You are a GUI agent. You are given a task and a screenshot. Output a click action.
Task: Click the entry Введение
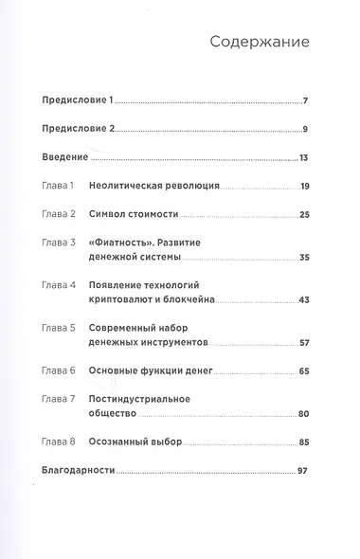point(67,157)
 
